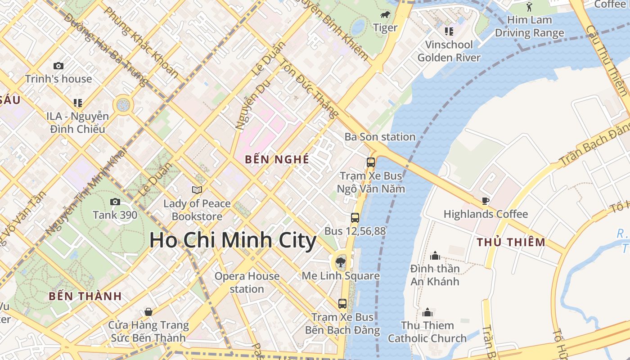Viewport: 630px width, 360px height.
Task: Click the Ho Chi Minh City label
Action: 233,240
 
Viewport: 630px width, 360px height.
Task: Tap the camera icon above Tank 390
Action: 115,202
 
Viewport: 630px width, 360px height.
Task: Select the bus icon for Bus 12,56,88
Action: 355,218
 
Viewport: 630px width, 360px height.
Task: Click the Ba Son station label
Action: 380,137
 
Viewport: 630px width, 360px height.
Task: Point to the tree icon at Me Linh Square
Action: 341,262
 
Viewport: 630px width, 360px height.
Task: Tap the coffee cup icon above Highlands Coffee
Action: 485,201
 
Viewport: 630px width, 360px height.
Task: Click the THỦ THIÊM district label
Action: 511,242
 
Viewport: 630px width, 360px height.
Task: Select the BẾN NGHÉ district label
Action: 277,159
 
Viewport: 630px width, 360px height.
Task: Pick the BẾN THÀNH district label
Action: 85,296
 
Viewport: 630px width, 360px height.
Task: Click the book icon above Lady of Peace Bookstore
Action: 197,190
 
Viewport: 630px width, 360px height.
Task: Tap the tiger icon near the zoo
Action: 385,15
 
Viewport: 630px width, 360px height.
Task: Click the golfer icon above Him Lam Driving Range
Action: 529,7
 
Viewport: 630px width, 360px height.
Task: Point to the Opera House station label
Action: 247,282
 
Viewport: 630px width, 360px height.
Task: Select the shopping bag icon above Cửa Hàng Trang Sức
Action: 148,311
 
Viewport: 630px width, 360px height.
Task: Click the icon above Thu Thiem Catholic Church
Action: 427,312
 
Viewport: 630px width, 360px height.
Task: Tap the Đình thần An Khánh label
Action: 435,275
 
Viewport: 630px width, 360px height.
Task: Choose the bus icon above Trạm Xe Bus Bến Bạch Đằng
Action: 342,303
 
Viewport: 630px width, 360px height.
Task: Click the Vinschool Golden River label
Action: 449,51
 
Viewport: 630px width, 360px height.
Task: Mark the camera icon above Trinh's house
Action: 58,66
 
